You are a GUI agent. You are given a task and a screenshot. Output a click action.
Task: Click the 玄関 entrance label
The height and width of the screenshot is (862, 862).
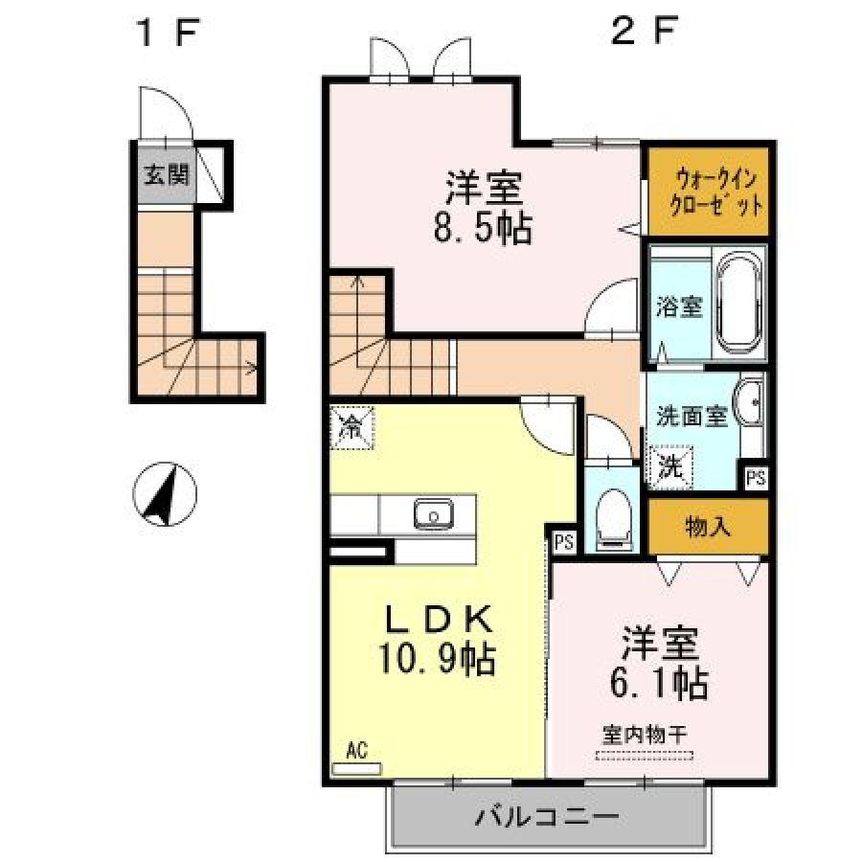[166, 175]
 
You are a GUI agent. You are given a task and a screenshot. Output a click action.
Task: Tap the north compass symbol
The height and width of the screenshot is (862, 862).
[165, 493]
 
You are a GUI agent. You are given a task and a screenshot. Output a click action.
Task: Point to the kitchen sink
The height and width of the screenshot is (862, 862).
[434, 514]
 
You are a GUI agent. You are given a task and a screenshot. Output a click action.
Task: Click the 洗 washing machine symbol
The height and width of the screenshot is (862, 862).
[671, 466]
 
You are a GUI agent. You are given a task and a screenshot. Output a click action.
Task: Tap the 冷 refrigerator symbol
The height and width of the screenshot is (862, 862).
[352, 428]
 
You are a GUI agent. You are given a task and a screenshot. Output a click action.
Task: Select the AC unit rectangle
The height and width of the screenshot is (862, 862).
[357, 768]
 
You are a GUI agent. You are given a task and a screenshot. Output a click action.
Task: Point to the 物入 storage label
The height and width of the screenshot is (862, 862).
[708, 527]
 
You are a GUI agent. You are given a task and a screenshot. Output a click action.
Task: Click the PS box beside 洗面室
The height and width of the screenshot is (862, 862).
[756, 477]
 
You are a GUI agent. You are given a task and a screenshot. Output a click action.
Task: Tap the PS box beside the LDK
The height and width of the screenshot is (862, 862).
[564, 542]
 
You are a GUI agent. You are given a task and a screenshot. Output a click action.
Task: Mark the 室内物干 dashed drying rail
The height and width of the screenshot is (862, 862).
[645, 756]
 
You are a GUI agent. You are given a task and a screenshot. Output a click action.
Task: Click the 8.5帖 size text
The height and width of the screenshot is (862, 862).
[483, 228]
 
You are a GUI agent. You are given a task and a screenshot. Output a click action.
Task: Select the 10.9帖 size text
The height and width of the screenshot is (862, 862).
[437, 659]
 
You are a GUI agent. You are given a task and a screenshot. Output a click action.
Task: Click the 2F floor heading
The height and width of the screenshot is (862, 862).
[644, 31]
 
